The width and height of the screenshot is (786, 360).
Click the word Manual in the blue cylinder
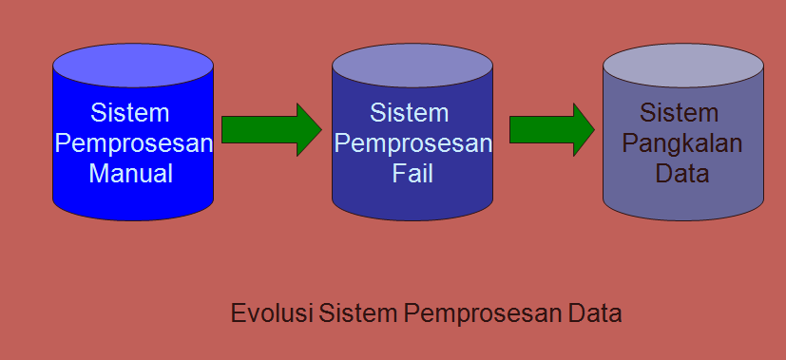[x=131, y=174]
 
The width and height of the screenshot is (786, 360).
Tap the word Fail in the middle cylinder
[x=412, y=175]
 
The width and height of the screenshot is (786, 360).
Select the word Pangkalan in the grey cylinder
[x=682, y=144]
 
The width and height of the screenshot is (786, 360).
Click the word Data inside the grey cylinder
[x=682, y=175]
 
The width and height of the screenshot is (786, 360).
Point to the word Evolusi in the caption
[x=272, y=313]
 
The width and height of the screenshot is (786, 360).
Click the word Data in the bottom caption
[x=591, y=313]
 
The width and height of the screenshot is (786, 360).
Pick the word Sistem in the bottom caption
[x=353, y=313]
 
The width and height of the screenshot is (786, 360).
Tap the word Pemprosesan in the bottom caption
[x=473, y=313]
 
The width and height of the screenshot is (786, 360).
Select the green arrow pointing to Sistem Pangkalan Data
[x=551, y=129]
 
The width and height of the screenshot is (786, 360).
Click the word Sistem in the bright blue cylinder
[x=131, y=113]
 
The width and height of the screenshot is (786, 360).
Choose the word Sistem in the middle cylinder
[x=410, y=113]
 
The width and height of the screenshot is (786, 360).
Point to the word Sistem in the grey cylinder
[x=680, y=113]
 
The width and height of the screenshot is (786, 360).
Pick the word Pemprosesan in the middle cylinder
[x=414, y=144]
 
